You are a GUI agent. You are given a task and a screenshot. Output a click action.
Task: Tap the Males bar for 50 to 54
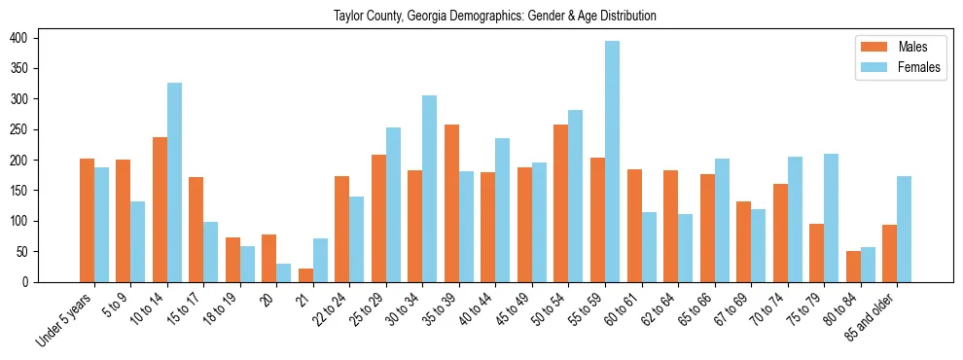pos(561,203)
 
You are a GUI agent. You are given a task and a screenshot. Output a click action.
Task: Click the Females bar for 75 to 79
pos(831,218)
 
